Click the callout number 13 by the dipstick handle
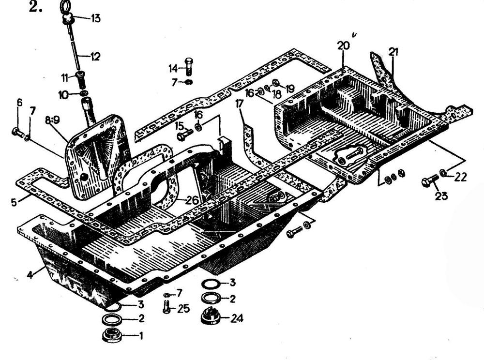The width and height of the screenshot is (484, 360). (95, 18)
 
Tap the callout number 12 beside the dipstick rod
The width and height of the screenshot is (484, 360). (95, 57)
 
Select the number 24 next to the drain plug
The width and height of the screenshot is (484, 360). (237, 318)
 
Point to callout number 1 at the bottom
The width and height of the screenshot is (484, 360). (141, 336)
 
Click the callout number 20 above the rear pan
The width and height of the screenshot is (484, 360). (343, 45)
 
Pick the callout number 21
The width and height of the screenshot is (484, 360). (393, 52)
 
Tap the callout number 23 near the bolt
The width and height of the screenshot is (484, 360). (441, 195)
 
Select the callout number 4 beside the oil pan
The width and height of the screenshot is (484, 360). (30, 274)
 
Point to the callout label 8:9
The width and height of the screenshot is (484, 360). (52, 120)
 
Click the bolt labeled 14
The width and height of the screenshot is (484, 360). (189, 66)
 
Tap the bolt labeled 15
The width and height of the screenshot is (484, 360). (185, 135)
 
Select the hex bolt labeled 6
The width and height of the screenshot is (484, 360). (17, 133)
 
